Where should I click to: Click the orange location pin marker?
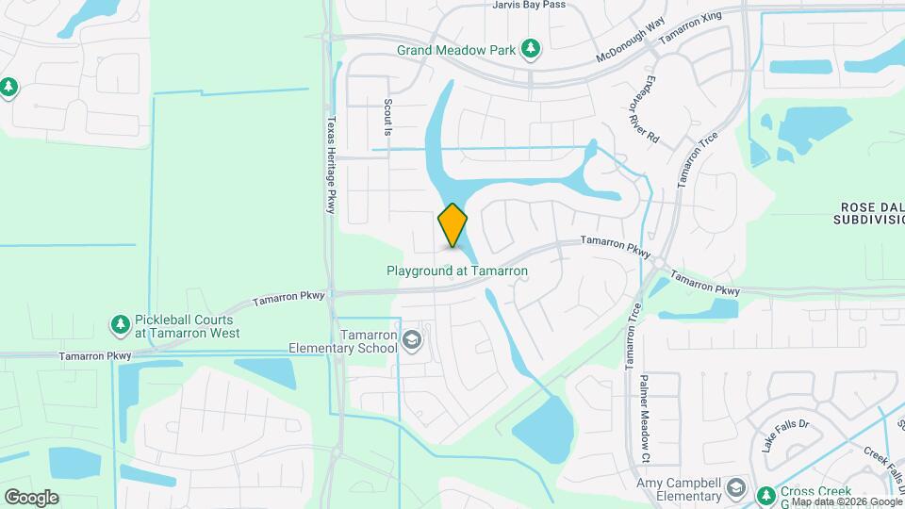(x=452, y=225)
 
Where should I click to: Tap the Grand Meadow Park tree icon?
(x=531, y=47)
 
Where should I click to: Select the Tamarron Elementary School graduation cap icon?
(x=411, y=339)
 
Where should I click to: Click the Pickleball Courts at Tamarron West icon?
(x=120, y=325)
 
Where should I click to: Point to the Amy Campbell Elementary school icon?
(x=735, y=491)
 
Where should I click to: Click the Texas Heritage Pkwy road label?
(x=330, y=166)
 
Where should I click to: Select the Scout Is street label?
(x=387, y=118)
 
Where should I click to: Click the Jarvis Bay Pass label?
(x=528, y=5)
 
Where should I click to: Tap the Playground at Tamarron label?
(x=457, y=271)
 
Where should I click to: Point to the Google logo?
(x=31, y=498)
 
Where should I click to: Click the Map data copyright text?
(x=847, y=501)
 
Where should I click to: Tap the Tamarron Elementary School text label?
(x=369, y=340)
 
